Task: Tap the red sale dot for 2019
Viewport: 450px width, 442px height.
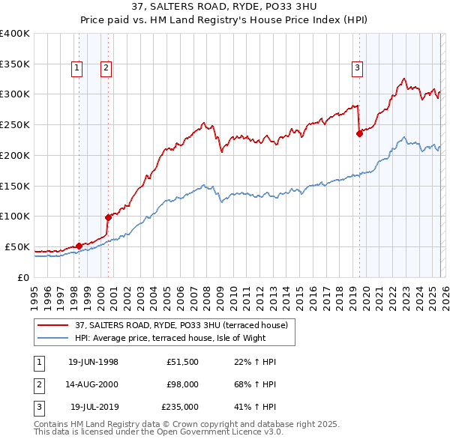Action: (x=359, y=134)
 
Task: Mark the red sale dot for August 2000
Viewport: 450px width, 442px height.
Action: (x=108, y=217)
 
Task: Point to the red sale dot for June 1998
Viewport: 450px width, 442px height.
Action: (x=79, y=246)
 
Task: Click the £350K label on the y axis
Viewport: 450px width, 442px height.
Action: (x=15, y=64)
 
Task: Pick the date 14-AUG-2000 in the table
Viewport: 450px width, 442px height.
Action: (x=93, y=384)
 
